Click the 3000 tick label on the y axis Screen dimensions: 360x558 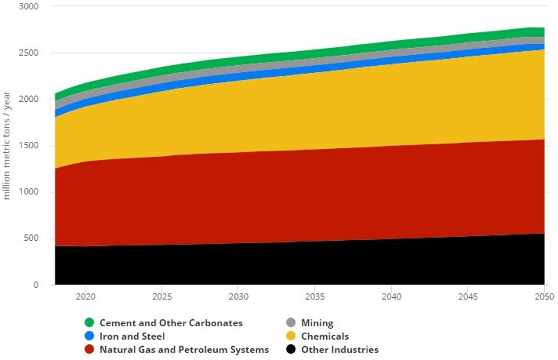[x=28, y=6]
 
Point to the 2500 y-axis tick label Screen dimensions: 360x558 [x=28, y=53]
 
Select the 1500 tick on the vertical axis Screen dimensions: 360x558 [x=28, y=145]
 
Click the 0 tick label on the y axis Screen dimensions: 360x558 [x=35, y=285]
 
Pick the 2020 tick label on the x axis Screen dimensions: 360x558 [x=85, y=297]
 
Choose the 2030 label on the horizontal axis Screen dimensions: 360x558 [x=238, y=297]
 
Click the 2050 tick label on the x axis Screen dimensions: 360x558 [x=543, y=297]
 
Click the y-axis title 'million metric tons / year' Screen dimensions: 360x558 [x=8, y=145]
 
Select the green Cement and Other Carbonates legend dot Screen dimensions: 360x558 [x=89, y=323]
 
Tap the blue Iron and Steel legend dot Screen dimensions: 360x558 [x=89, y=336]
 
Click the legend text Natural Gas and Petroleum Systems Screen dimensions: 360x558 [x=184, y=350]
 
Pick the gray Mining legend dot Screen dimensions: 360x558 [x=290, y=323]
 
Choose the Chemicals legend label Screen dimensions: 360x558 [x=325, y=336]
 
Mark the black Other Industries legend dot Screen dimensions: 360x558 [x=290, y=350]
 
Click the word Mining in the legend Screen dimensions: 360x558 [x=317, y=323]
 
